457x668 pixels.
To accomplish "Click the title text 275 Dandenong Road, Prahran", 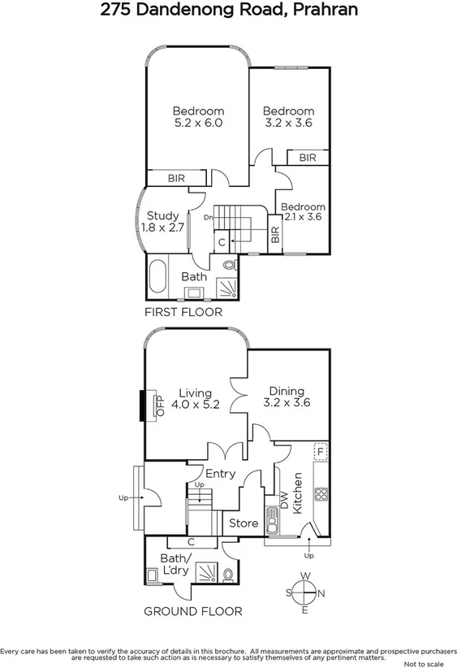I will point(228,11).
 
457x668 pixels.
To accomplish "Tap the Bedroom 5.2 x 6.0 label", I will point(198,117).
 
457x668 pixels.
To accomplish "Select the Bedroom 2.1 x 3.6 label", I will point(304,212).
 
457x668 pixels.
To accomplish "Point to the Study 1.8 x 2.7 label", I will point(160,222).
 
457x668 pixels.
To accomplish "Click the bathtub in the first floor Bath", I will point(157,276).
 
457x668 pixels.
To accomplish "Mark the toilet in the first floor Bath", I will point(228,266).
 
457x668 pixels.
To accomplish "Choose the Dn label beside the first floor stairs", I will point(209,218).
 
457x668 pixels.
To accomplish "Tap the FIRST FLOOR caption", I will point(183,311).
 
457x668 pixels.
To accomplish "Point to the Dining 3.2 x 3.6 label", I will point(287,397).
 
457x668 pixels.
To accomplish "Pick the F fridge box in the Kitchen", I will point(321,451).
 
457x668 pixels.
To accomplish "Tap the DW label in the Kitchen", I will point(284,501).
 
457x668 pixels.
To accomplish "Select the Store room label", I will point(244,523).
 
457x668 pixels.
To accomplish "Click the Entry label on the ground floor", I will point(220,474).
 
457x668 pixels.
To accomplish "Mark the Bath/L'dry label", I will point(175,564).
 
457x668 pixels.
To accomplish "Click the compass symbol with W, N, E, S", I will point(305,593).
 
